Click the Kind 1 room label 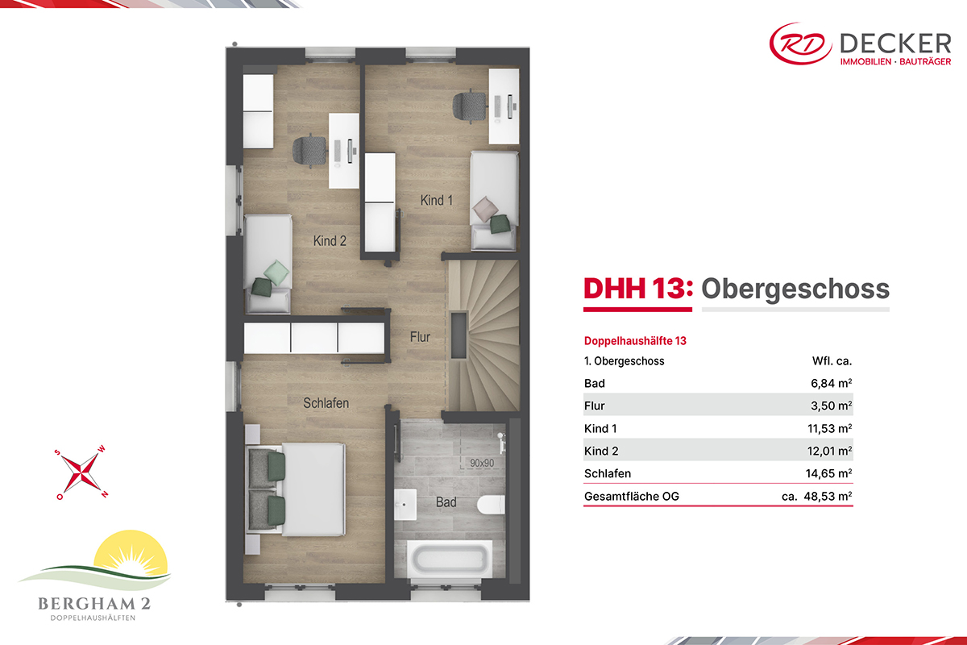(x=437, y=201)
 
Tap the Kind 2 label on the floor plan (x=330, y=241)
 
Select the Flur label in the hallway (x=420, y=337)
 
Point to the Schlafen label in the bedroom (x=326, y=403)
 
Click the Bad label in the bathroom (x=446, y=502)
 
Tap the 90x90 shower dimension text (x=482, y=463)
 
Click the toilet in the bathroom (x=491, y=505)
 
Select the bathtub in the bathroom (x=450, y=559)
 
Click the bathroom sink (x=405, y=504)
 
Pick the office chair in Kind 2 (x=309, y=150)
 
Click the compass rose (x=81, y=472)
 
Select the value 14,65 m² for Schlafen (x=828, y=473)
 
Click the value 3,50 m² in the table (x=831, y=406)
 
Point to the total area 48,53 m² (x=828, y=497)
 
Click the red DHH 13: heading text (x=638, y=289)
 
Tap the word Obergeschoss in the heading (x=795, y=289)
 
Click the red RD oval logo (x=800, y=44)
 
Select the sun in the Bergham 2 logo (x=131, y=553)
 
